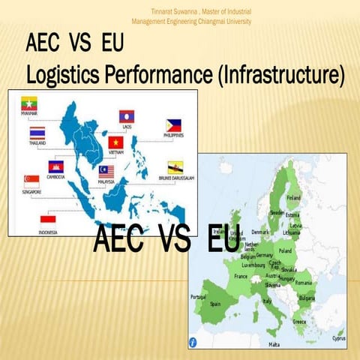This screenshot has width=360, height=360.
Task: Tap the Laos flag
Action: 127,117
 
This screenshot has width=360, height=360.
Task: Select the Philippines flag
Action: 173,125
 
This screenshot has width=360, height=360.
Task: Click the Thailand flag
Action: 37,134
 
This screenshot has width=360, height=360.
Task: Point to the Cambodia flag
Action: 55,166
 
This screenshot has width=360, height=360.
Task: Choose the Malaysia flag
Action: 106,172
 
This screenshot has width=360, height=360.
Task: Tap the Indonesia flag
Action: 47,222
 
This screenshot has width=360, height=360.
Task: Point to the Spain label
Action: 217,304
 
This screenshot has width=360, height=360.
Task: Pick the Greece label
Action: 298,322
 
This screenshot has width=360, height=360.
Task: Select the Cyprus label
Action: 339,338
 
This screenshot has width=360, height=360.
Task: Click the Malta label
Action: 274,344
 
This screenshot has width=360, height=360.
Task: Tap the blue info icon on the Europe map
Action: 194,341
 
